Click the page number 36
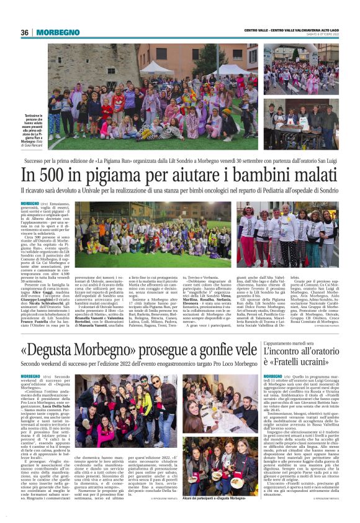(x=25, y=32)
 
